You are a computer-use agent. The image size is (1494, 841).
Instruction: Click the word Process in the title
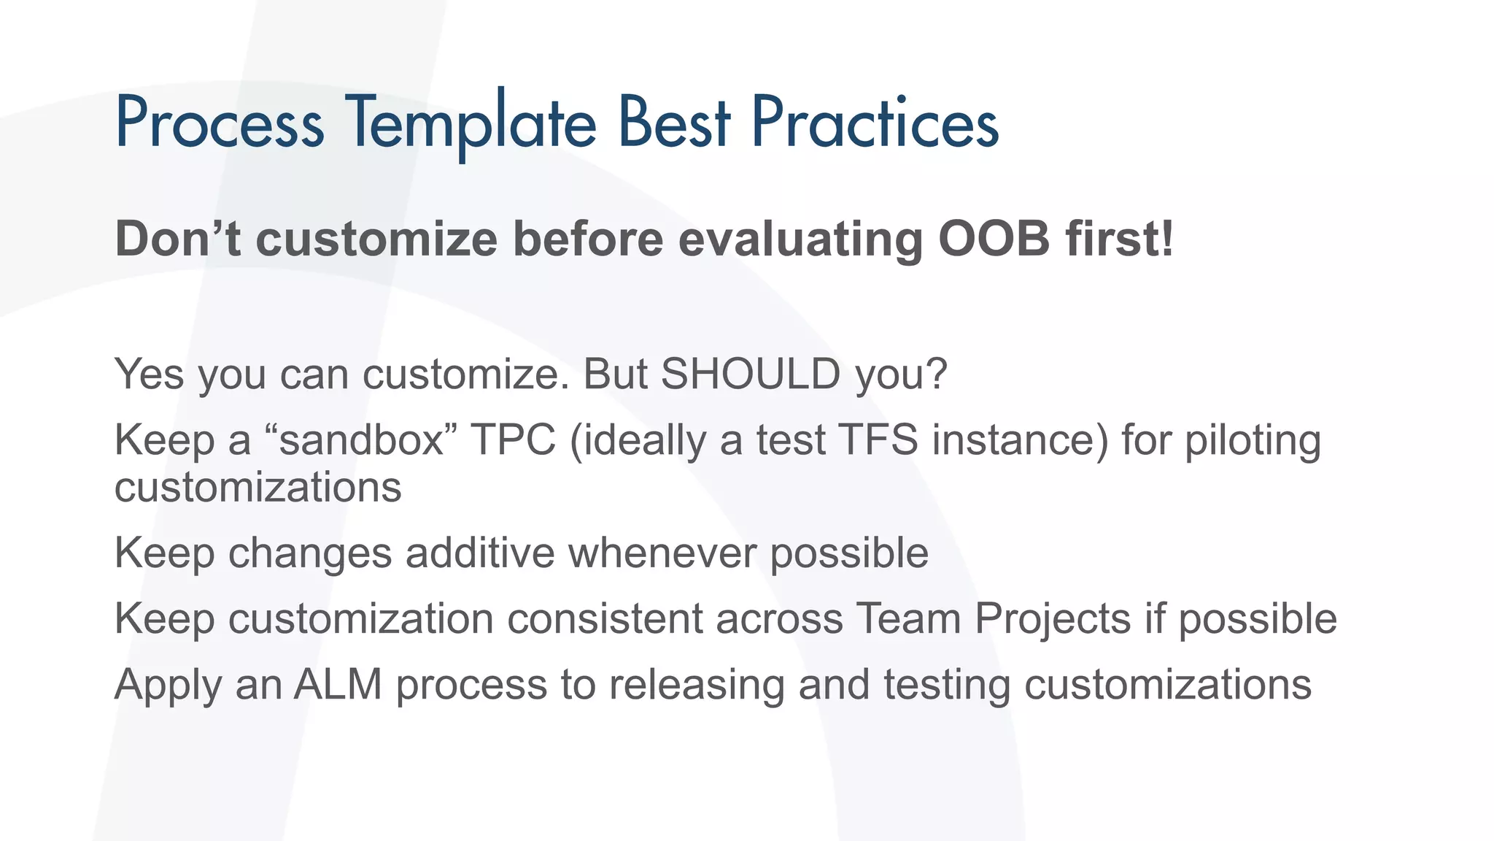pyautogui.click(x=219, y=123)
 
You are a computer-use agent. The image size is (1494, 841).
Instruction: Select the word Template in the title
pyautogui.click(x=471, y=123)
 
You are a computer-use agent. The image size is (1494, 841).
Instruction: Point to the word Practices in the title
pyautogui.click(x=874, y=123)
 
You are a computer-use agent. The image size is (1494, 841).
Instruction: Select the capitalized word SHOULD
pyautogui.click(x=751, y=374)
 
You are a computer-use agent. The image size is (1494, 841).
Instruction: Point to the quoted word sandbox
pyautogui.click(x=362, y=440)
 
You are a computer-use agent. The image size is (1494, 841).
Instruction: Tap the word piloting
pyautogui.click(x=1253, y=442)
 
